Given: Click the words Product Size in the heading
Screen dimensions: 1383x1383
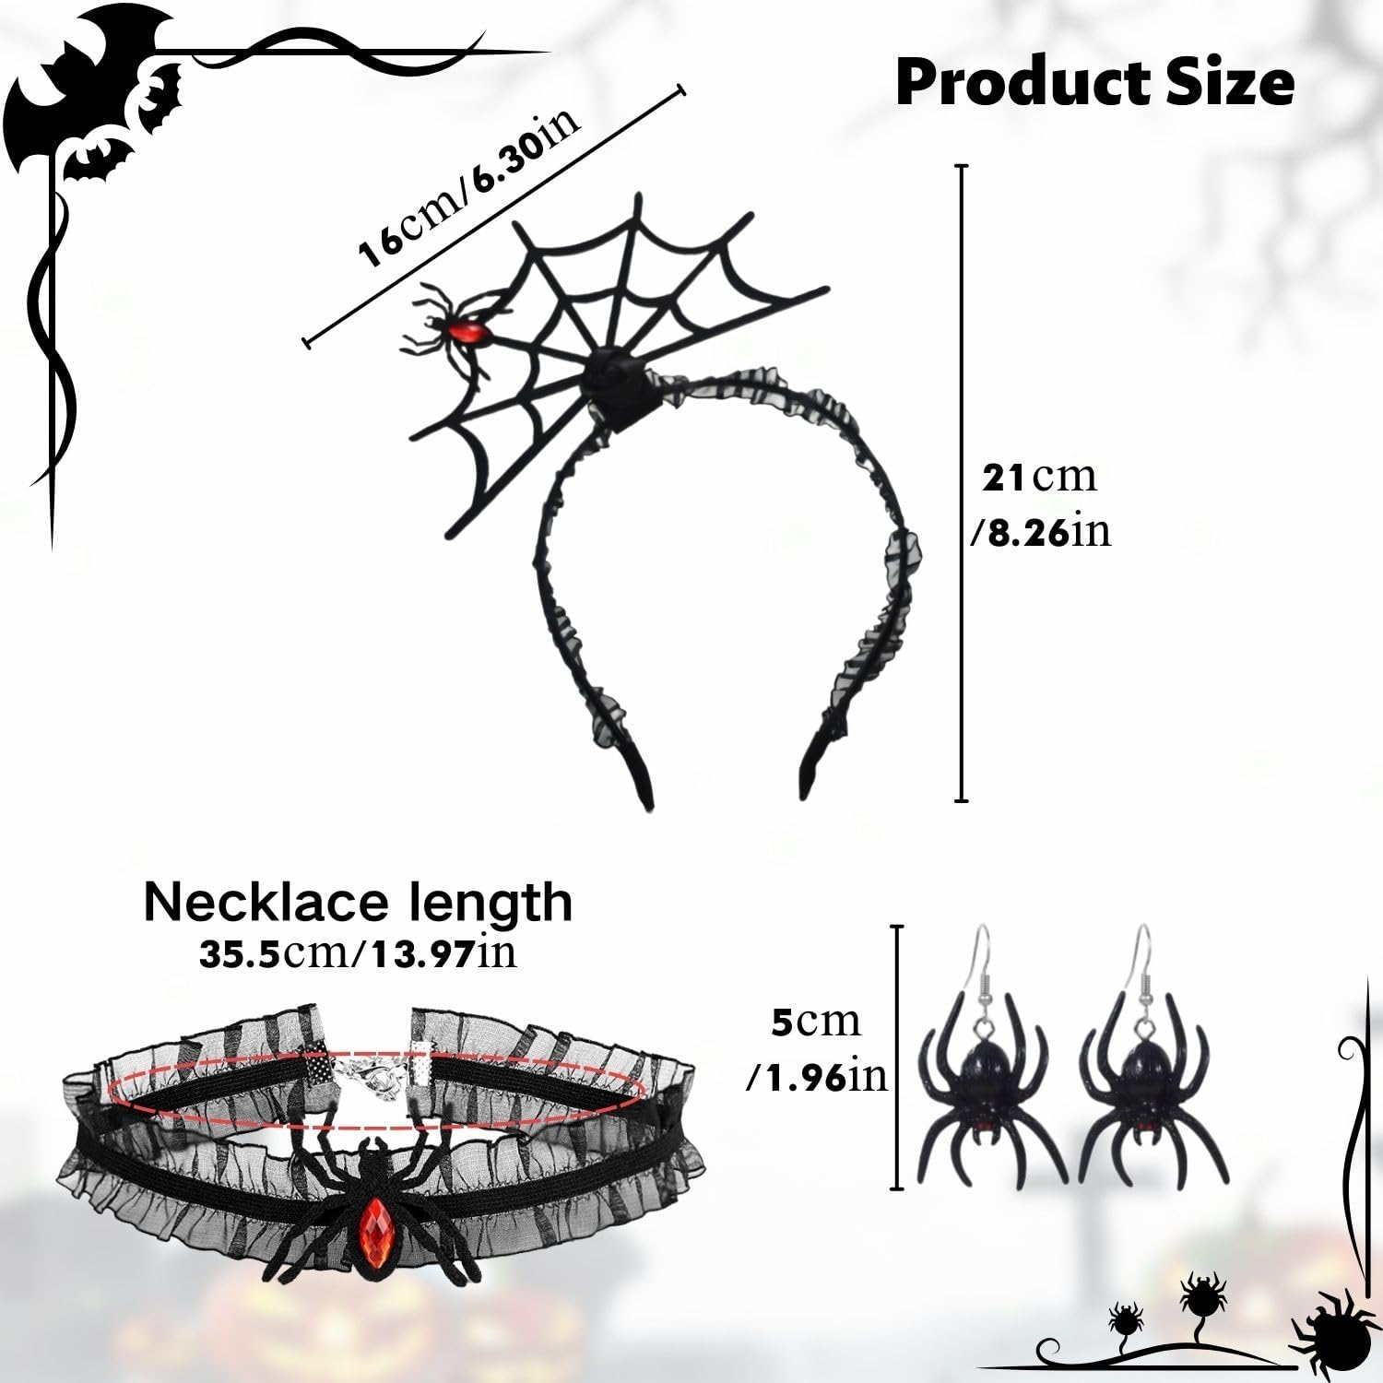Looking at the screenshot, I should pos(1094,83).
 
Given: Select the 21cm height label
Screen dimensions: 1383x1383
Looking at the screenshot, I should pos(1039,478).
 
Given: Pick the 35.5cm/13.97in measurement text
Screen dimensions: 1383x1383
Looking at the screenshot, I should pos(358,953).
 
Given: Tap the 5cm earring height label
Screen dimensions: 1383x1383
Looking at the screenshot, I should pos(815,1022).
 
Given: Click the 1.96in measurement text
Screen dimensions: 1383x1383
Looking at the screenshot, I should pos(817,1076).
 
